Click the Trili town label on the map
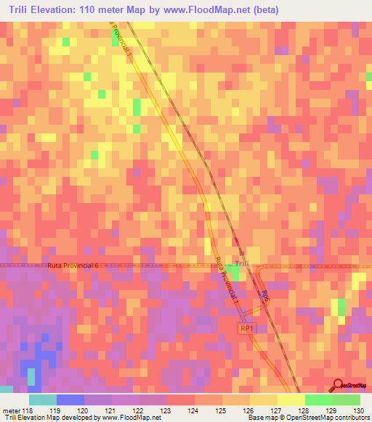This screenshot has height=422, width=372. [243, 262]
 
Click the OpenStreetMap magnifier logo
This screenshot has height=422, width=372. [339, 385]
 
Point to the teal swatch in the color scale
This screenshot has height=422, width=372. [43, 400]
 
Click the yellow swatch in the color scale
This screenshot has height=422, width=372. [291, 400]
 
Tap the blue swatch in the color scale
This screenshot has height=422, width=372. [70, 400]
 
